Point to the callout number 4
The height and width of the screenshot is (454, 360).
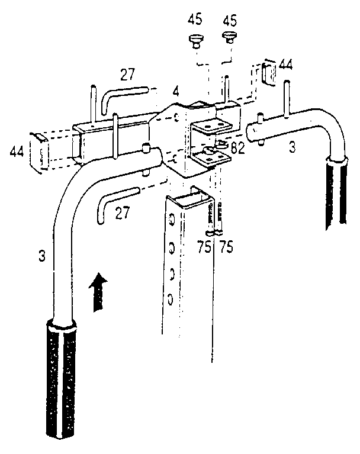[176, 94]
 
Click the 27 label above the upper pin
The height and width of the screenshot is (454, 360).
[127, 75]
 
